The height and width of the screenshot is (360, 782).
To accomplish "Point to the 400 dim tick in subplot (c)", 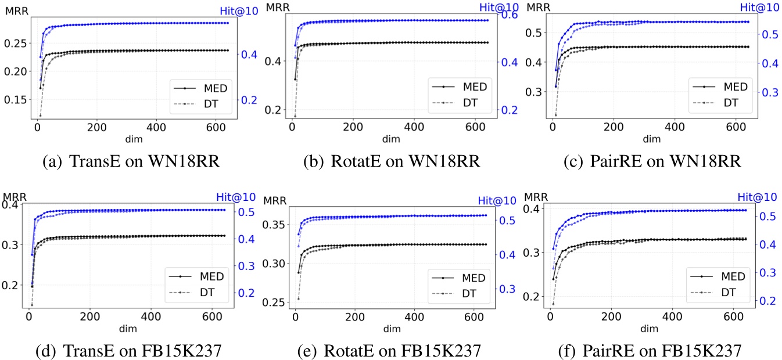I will (673, 126).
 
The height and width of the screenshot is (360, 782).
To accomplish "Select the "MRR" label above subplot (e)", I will (275, 201).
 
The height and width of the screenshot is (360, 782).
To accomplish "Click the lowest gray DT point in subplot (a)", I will (40, 116).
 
